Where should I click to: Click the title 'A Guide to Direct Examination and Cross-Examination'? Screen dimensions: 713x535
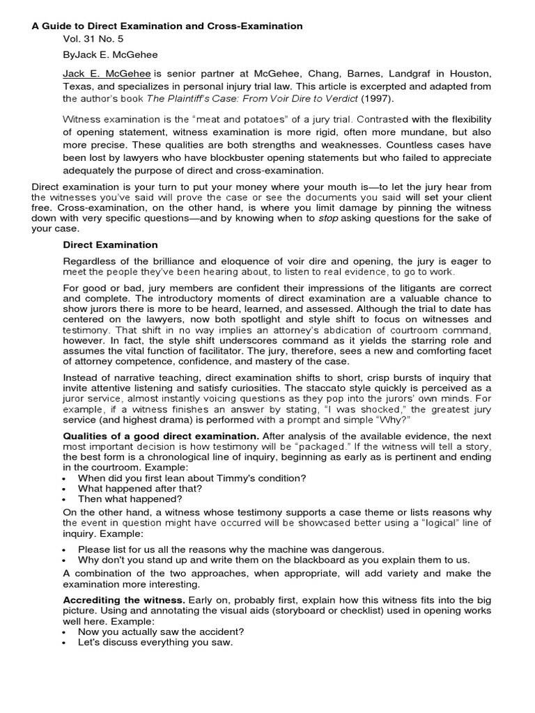[x=167, y=26]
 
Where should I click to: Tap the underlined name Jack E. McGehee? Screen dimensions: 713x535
[x=107, y=74]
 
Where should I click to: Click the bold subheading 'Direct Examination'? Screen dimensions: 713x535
[x=110, y=245]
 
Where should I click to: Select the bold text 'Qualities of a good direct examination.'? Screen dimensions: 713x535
[x=161, y=436]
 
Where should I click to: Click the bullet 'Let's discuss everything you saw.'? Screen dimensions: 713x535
[x=155, y=642]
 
